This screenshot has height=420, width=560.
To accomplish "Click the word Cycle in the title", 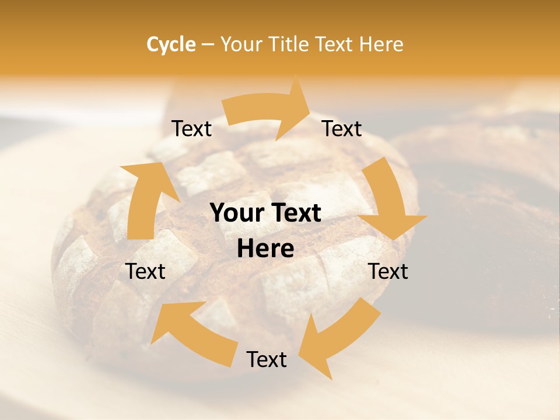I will click(x=170, y=44).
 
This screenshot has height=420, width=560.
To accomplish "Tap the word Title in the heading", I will click(x=287, y=44).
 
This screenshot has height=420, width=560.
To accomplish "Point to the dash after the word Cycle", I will click(x=208, y=45).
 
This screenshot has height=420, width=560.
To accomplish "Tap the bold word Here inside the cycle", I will click(x=265, y=249).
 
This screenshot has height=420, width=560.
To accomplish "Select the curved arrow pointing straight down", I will click(x=388, y=201).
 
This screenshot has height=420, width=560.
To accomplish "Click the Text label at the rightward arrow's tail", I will click(x=191, y=129).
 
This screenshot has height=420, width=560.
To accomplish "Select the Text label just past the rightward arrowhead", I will click(x=342, y=129).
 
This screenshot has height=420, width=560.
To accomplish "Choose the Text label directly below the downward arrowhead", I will click(x=388, y=271).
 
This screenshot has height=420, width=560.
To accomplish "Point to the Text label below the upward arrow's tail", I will click(x=145, y=271).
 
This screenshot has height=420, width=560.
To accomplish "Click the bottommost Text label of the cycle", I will click(x=267, y=359).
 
